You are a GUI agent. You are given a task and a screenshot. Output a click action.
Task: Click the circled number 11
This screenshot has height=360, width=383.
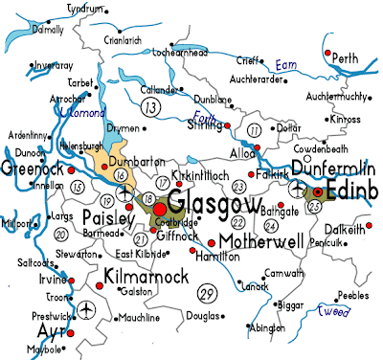255,129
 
